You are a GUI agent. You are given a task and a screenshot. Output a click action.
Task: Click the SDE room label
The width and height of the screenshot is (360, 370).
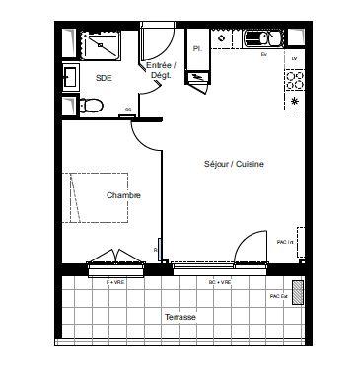pos(103,76)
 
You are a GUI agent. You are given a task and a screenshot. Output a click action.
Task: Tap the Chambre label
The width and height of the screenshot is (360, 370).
pos(123,195)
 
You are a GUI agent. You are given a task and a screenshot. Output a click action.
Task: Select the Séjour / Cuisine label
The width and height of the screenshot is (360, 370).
pos(234,164)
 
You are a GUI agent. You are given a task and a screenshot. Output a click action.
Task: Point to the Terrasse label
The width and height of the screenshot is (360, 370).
pos(180,317)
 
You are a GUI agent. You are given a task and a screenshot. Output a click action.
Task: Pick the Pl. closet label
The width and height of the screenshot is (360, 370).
pos(197,47)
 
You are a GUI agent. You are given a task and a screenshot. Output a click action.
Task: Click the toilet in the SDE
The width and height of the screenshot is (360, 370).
pos(90,105)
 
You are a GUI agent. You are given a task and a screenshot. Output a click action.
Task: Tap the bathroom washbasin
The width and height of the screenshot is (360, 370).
pos(71,76)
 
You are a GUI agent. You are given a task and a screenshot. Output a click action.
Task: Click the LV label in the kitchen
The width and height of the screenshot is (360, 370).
pos(294,60)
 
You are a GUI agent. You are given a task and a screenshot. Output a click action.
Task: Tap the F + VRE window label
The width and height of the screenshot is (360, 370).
pos(116,282)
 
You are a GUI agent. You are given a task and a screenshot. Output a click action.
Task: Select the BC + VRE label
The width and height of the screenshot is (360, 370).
pos(219,282)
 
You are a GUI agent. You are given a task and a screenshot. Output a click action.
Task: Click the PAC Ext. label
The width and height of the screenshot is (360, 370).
pos(278,295)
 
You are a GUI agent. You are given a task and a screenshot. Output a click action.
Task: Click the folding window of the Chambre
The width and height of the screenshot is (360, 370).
pos(116,265)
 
